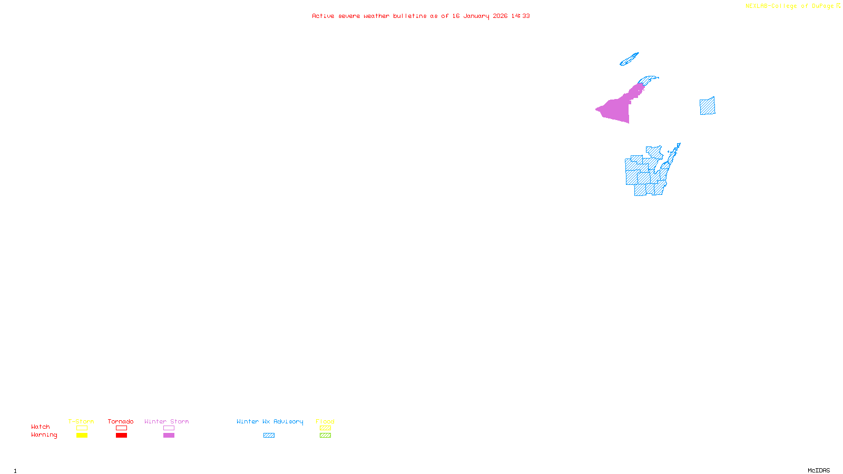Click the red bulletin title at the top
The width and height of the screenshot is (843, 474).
click(420, 16)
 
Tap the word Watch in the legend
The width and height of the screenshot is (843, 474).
click(41, 427)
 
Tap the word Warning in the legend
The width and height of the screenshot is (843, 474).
click(44, 435)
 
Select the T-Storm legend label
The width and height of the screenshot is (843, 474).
click(81, 421)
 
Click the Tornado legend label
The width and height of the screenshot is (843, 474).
click(121, 421)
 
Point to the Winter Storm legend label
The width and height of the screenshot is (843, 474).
click(166, 421)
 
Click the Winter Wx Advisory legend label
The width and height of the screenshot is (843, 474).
click(270, 421)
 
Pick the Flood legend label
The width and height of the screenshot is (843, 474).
click(325, 421)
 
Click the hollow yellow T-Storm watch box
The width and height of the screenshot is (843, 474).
click(82, 428)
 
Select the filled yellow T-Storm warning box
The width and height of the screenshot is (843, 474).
click(82, 436)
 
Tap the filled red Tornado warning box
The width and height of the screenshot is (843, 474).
click(121, 436)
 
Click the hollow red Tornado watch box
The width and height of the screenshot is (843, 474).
click(121, 428)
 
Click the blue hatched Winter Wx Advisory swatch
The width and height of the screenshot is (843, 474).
click(269, 436)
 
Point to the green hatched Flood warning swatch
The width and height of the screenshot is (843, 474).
click(325, 436)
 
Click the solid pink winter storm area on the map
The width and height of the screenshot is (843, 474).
click(616, 110)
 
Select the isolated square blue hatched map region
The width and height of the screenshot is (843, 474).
click(707, 106)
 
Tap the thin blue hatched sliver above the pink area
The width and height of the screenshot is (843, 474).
click(629, 59)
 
